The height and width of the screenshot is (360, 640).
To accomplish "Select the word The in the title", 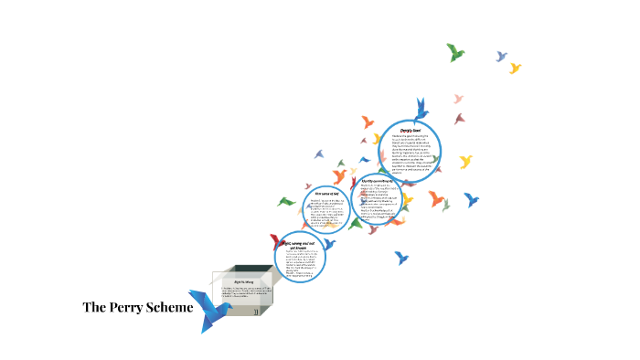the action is [x=96, y=307].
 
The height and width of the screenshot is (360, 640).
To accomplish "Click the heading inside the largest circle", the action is [x=411, y=131].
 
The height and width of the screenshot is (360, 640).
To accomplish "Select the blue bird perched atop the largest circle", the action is [x=420, y=109].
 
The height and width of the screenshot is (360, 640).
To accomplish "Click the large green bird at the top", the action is [x=455, y=52].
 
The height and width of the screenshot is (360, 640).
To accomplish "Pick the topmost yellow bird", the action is [x=515, y=68].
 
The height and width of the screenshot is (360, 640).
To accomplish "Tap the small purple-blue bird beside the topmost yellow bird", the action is [x=501, y=57].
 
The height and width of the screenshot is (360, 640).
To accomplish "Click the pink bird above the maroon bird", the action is [x=459, y=99].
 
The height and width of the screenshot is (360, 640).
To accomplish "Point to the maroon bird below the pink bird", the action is [x=459, y=118].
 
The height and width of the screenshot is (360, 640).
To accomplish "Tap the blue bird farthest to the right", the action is [x=472, y=198].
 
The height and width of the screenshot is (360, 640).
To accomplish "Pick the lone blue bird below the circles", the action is [x=400, y=257].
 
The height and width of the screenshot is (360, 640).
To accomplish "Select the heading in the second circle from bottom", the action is [x=326, y=195].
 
